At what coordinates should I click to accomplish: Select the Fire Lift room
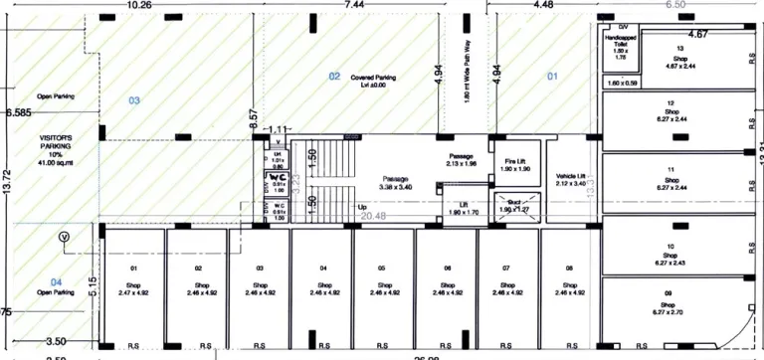[514, 165]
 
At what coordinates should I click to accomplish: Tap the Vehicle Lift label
[571, 179]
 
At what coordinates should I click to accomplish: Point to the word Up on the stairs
[362, 207]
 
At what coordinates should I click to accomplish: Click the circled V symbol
[65, 237]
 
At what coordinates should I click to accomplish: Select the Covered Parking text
[374, 81]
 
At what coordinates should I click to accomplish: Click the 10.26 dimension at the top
[138, 5]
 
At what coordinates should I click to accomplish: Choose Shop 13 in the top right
[679, 59]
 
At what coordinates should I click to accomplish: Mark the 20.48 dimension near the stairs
[372, 216]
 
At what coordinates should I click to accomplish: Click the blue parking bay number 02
[335, 76]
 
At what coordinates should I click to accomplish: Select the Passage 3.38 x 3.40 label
[395, 183]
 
